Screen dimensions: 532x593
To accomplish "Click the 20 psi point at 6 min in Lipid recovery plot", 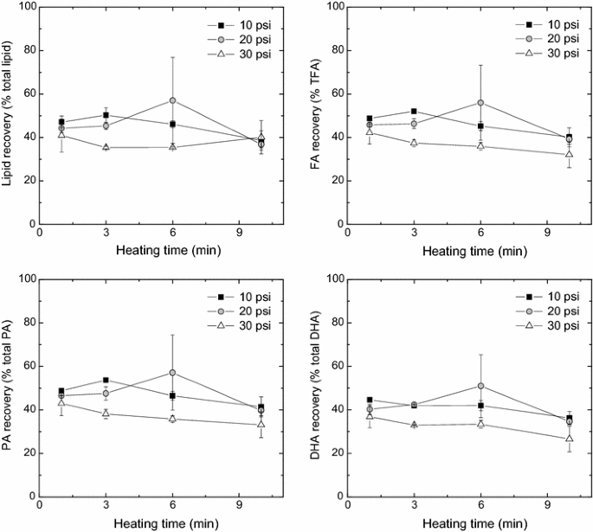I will pyautogui.click(x=173, y=100).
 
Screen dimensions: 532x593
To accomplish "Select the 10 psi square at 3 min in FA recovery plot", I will pyautogui.click(x=414, y=112).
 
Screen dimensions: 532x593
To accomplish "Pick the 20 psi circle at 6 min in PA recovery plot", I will pyautogui.click(x=173, y=373).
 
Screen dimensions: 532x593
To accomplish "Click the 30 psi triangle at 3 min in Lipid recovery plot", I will pyautogui.click(x=106, y=147).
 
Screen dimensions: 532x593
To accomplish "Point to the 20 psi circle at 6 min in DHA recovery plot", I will pyautogui.click(x=480, y=386).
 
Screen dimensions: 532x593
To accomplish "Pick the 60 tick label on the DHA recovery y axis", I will pyautogui.click(x=333, y=366).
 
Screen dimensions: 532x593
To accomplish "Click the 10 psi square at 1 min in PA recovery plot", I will pyautogui.click(x=61, y=392).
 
